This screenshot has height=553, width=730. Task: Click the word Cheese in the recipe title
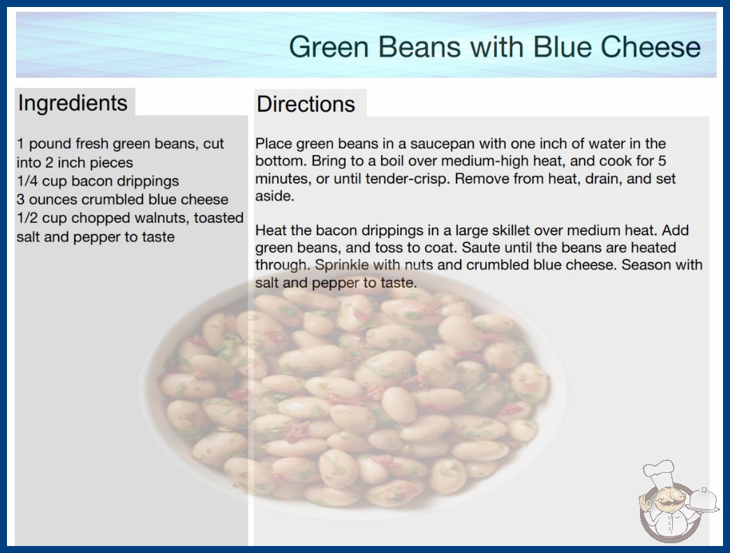650,47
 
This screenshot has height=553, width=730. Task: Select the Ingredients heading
73,103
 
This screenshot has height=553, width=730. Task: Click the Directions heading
306,104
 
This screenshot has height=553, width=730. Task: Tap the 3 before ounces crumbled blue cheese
20,200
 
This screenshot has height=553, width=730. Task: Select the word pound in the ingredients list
50,144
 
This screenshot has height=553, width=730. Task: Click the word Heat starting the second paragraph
271,230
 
